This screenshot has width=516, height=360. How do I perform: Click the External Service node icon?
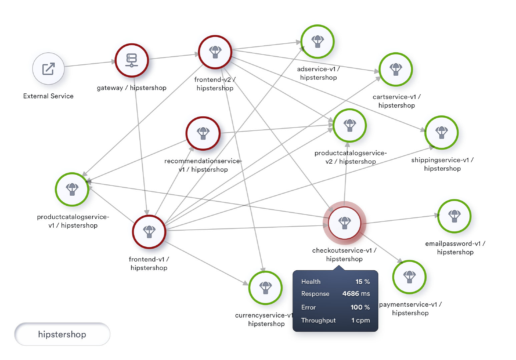(x=48, y=69)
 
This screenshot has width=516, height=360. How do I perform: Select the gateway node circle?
(x=132, y=60)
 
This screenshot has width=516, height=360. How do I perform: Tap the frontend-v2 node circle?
(x=215, y=52)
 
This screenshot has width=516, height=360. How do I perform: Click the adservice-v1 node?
(x=318, y=42)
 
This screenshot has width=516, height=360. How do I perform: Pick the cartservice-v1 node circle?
(x=396, y=69)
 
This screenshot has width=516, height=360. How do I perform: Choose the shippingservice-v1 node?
(x=442, y=132)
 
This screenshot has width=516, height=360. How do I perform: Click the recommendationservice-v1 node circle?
(x=203, y=133)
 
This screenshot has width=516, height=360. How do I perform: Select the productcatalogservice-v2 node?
(x=350, y=125)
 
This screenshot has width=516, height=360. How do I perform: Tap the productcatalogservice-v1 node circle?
(x=72, y=189)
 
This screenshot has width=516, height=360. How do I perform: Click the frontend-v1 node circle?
(x=149, y=232)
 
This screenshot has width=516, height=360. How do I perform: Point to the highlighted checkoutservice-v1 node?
(x=345, y=223)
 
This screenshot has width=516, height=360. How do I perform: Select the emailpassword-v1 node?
(x=454, y=216)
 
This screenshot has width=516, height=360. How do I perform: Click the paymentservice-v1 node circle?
(x=410, y=277)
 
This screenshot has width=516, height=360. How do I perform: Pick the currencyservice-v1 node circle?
(x=266, y=288)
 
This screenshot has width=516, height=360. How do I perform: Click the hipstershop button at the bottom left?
(x=62, y=334)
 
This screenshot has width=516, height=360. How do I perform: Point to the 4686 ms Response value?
(x=356, y=294)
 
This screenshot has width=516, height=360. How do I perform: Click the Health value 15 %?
(x=362, y=282)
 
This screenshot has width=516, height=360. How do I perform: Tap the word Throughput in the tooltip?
(x=318, y=320)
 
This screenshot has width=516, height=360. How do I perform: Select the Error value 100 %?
(x=360, y=307)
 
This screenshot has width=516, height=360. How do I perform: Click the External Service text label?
(x=48, y=96)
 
